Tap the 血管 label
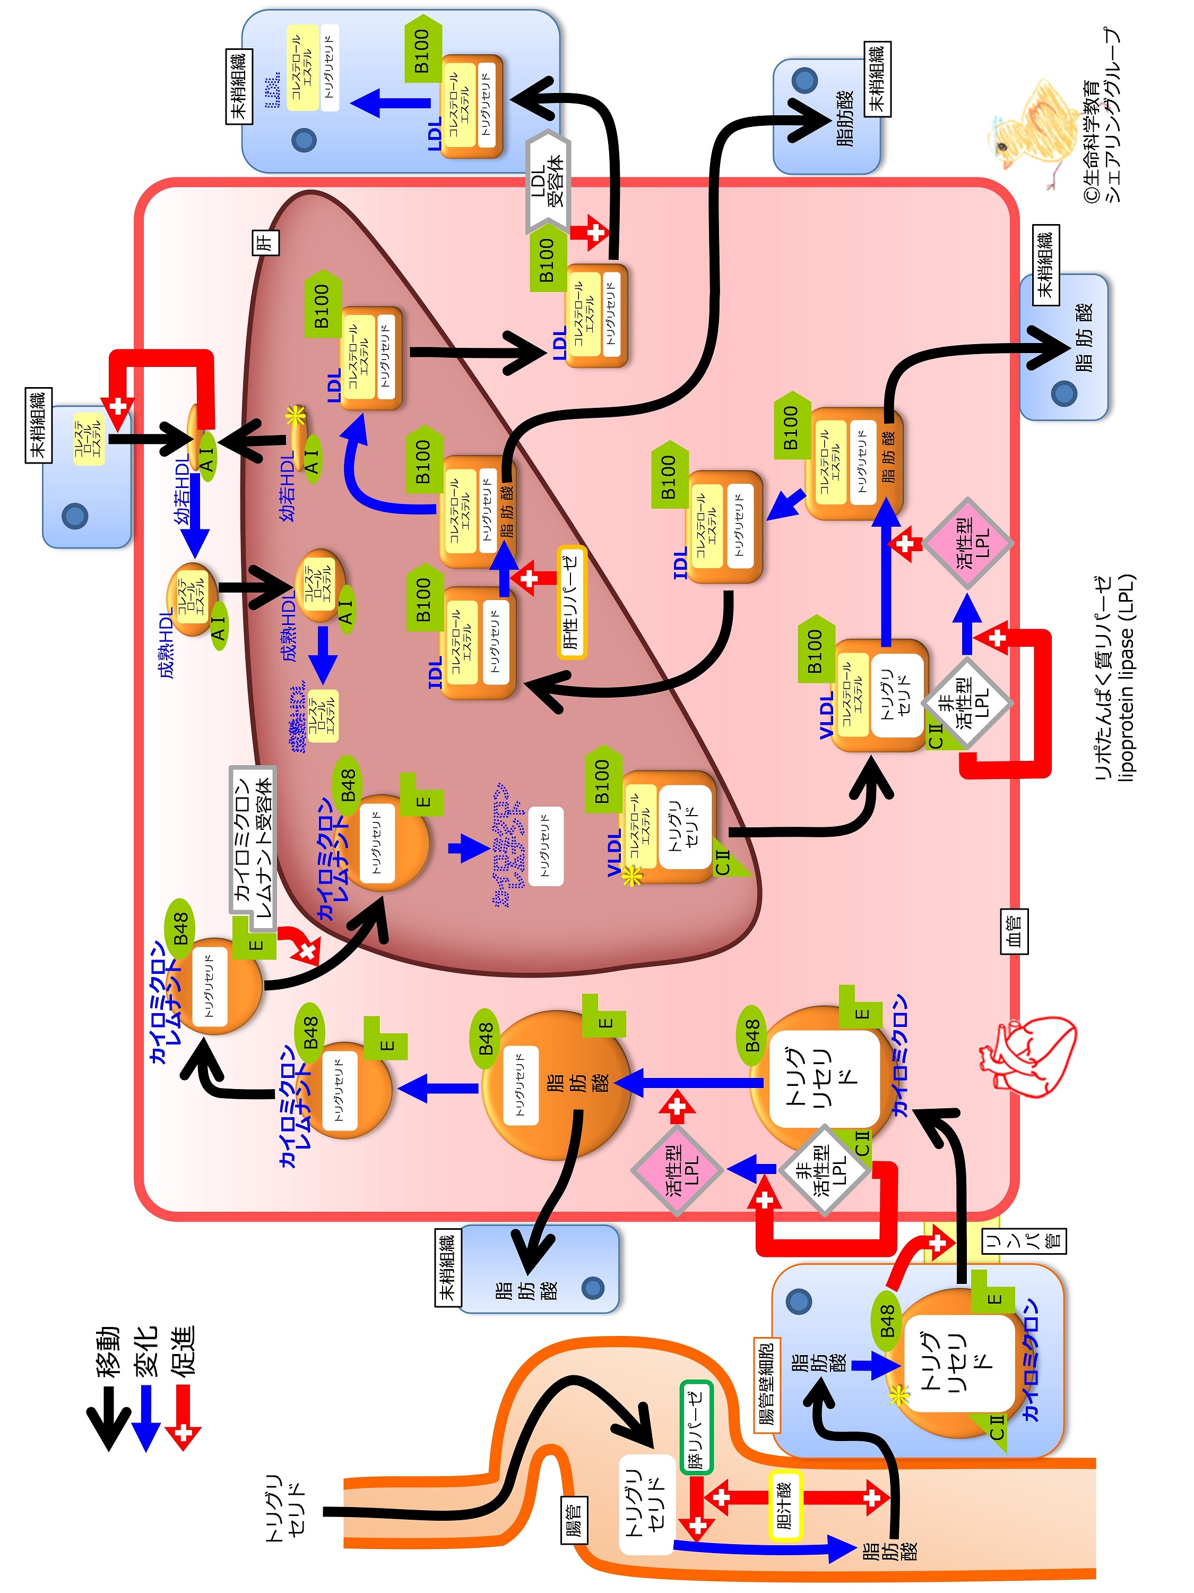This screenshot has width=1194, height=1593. tap(1014, 931)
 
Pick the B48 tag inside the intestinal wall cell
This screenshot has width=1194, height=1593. tap(887, 1320)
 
